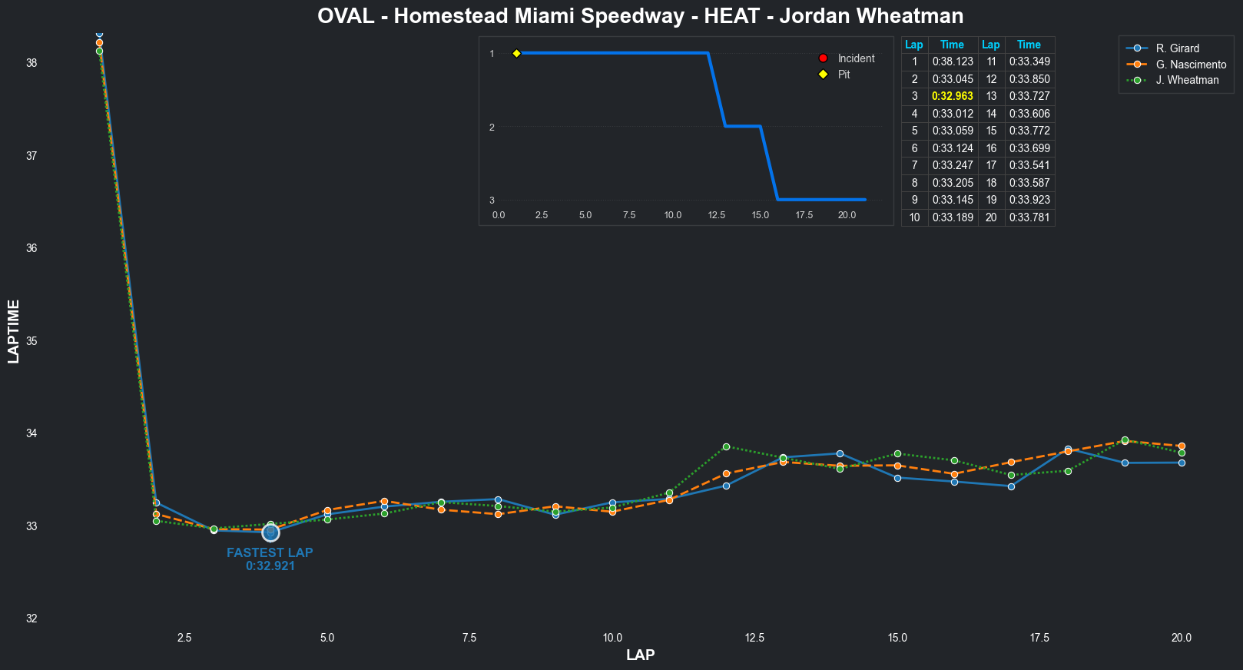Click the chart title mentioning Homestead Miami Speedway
pos(640,16)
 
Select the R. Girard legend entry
pos(1177,48)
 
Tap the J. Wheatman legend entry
pos(1187,80)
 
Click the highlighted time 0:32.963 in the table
pos(953,97)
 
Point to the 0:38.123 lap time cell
pos(953,62)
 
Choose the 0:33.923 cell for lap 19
pos(1029,201)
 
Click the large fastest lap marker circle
pos(270,532)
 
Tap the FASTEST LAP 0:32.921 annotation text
pos(270,559)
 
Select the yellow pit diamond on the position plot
pos(517,53)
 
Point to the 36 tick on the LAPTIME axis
pos(31,248)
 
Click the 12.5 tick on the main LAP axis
pos(754,638)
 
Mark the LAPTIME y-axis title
pos(13,331)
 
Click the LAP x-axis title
pos(640,655)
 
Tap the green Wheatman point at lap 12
pos(726,446)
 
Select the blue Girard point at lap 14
pos(840,453)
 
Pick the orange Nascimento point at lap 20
pos(1182,446)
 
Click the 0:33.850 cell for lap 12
pos(1029,79)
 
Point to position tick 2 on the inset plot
pos(492,127)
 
